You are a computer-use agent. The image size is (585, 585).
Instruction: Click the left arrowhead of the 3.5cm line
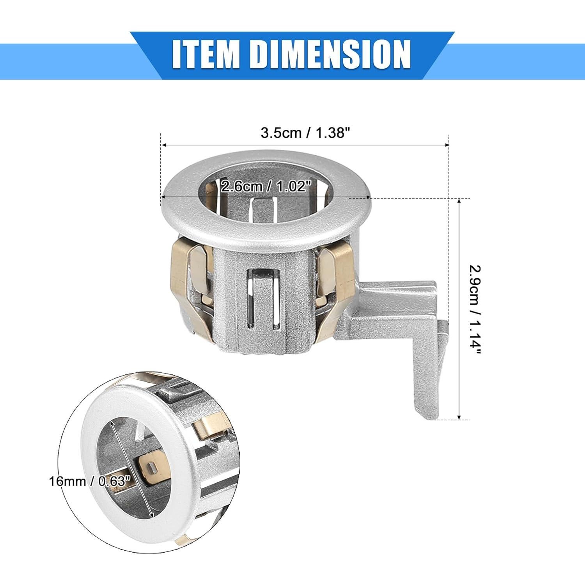point(164,145)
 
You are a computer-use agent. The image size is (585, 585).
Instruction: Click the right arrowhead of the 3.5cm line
point(446,145)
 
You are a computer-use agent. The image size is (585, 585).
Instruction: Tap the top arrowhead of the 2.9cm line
point(459,201)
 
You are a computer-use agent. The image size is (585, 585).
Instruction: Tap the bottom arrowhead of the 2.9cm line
point(459,417)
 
